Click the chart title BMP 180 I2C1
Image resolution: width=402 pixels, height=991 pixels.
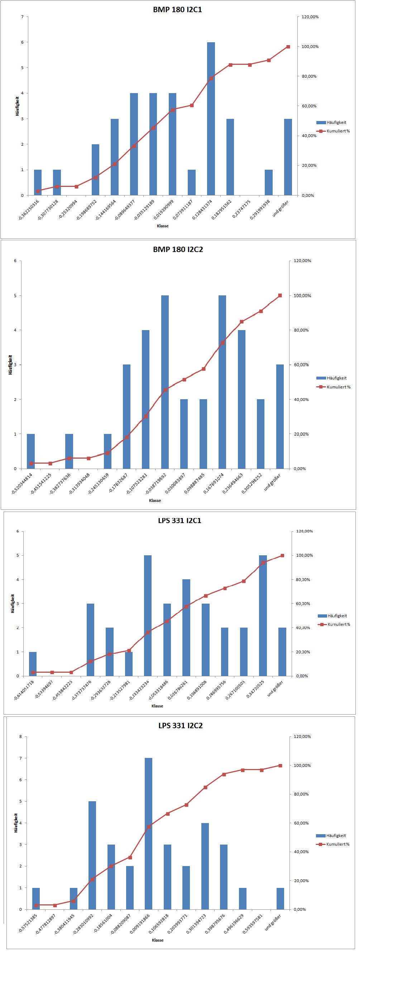(x=177, y=10)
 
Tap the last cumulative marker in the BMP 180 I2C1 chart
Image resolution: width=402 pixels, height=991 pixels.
(x=288, y=47)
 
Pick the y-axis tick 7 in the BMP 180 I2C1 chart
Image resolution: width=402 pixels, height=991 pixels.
(x=22, y=17)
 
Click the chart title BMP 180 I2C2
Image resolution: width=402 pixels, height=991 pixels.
(x=178, y=249)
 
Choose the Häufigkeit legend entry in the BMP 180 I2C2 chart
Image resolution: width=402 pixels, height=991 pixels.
(x=331, y=378)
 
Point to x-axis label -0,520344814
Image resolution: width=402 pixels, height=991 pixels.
(x=22, y=484)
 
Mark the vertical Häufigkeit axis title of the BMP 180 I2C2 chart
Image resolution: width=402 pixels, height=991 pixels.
(x=10, y=365)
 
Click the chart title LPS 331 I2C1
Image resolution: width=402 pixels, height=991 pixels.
(x=180, y=521)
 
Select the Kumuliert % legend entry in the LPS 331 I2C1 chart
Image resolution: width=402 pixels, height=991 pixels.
(x=334, y=624)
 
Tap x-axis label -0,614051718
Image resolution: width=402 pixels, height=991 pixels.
(x=24, y=690)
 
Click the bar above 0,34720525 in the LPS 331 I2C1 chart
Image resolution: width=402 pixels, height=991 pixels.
(x=263, y=615)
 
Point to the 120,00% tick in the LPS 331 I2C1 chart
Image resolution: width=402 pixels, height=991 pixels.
(x=304, y=531)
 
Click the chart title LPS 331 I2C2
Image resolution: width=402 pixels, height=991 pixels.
(x=180, y=726)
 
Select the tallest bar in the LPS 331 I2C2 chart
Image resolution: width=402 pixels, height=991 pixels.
(x=149, y=834)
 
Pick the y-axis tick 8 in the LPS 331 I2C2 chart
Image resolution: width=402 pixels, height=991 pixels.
(x=21, y=736)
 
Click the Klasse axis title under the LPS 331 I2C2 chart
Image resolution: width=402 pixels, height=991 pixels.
(x=158, y=940)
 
